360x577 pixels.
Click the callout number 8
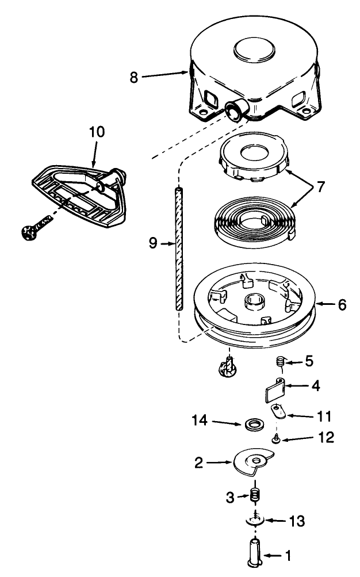tap(134, 77)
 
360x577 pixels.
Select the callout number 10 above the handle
tap(97, 132)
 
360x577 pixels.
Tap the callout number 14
tap(200, 421)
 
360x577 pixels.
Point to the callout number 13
tap(297, 521)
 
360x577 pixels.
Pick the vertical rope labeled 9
tap(179, 249)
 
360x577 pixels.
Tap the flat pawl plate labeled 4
tap(274, 391)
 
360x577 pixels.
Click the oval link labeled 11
tap(278, 412)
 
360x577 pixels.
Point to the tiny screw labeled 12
tap(275, 438)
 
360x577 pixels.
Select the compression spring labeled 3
tap(254, 494)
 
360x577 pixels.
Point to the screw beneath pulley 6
tap(227, 367)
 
